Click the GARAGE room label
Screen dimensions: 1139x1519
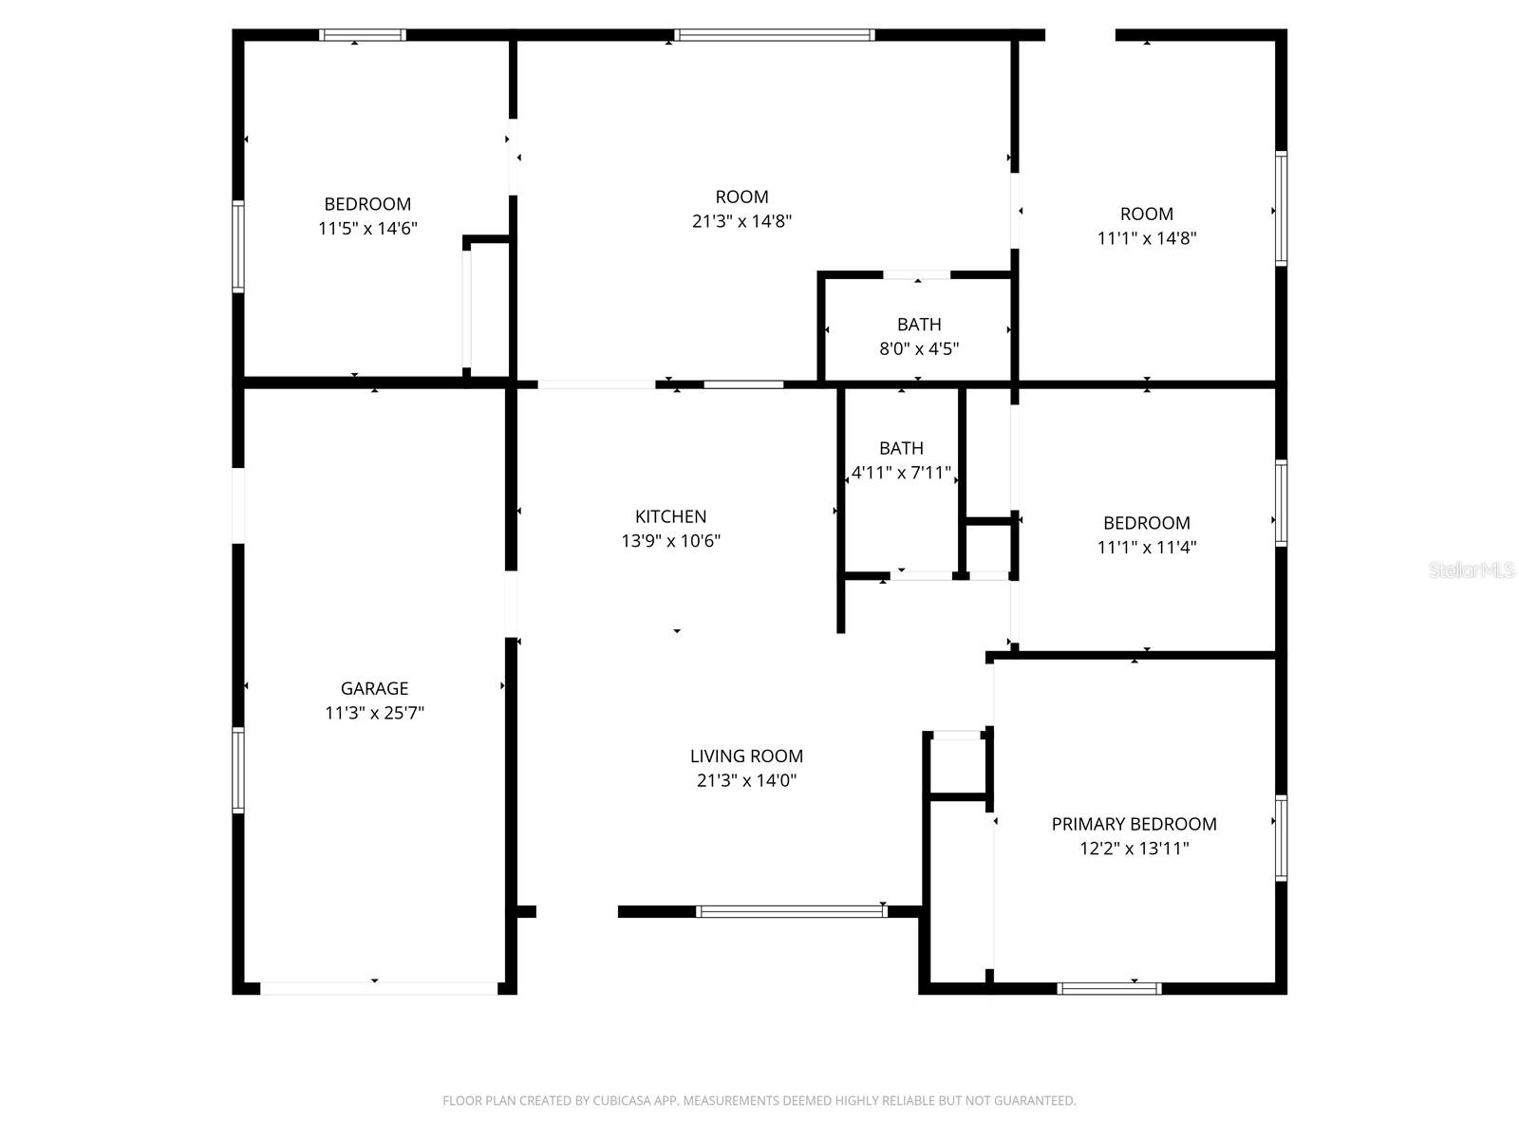click(374, 688)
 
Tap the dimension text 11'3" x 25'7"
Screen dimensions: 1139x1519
click(374, 713)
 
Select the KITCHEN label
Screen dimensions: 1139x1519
click(670, 516)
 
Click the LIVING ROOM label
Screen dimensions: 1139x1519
click(746, 756)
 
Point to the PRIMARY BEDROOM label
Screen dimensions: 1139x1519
click(1134, 824)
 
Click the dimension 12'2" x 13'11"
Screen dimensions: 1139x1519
click(1134, 849)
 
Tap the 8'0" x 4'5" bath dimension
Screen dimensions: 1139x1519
click(918, 348)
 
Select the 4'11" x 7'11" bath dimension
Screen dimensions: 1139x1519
click(901, 473)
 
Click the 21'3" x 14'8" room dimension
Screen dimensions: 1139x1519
click(741, 221)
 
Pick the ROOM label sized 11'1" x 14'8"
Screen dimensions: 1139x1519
click(1146, 214)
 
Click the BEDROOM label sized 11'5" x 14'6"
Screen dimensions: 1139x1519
click(367, 204)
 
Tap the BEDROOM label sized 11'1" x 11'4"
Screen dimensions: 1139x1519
click(1146, 523)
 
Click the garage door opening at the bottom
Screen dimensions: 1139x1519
click(378, 988)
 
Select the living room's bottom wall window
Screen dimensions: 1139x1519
click(791, 911)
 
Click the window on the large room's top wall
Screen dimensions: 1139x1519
click(774, 35)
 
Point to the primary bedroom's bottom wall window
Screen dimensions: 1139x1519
click(1108, 988)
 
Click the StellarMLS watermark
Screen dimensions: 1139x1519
click(1472, 569)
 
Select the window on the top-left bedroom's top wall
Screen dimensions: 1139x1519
click(362, 35)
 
